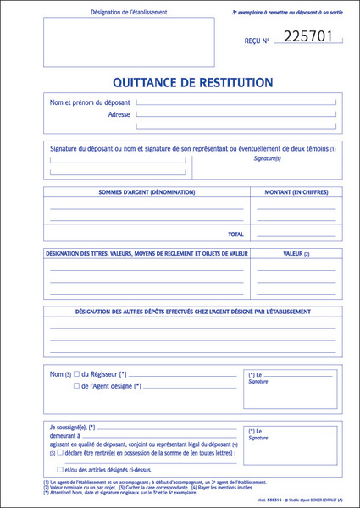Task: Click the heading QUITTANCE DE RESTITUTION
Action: point(192,83)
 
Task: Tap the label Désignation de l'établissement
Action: point(128,13)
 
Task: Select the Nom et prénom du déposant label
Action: point(90,103)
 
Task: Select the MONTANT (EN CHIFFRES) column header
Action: point(296,192)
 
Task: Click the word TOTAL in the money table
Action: point(235,234)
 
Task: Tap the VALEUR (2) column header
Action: point(296,254)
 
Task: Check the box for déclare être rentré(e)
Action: point(60,453)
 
